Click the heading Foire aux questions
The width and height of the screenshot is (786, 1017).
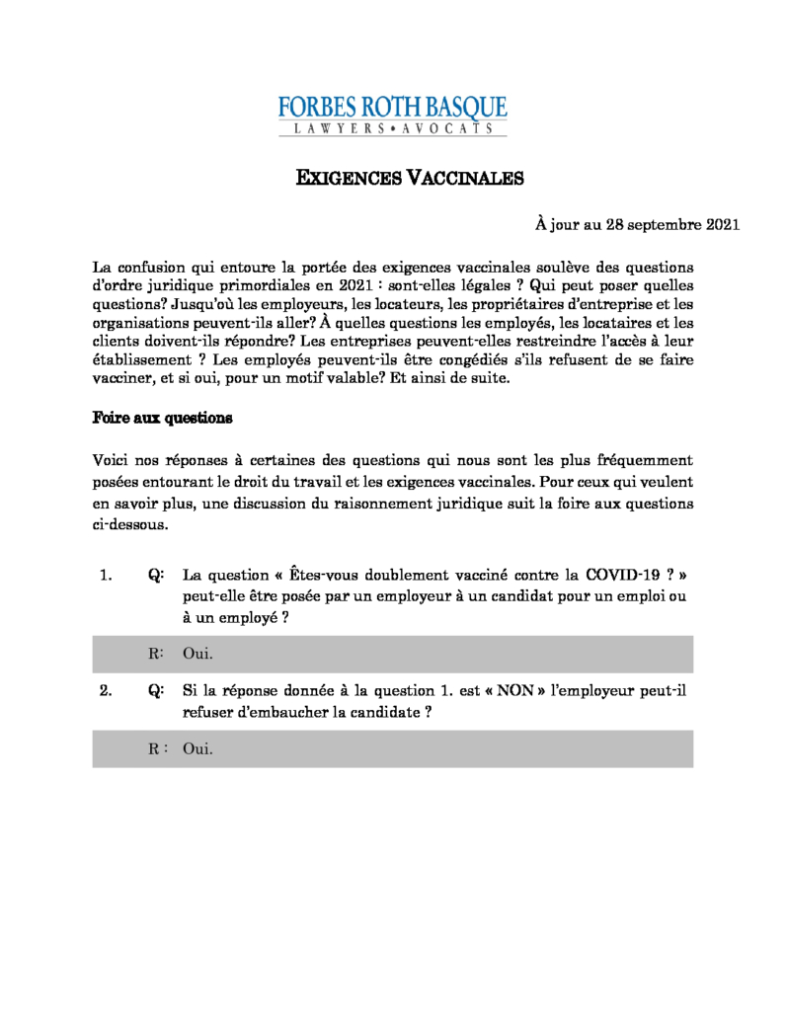(x=162, y=418)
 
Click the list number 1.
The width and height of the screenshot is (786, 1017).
(x=107, y=575)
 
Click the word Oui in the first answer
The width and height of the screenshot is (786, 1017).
(x=197, y=654)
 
